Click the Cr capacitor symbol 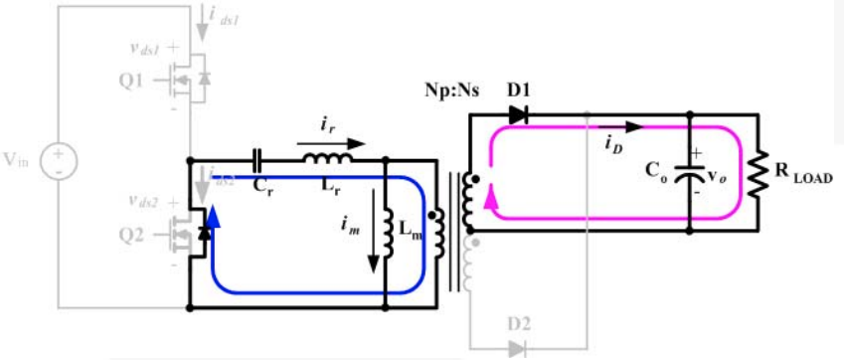(x=258, y=159)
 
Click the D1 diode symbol (x=517, y=114)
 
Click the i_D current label (x=614, y=143)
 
